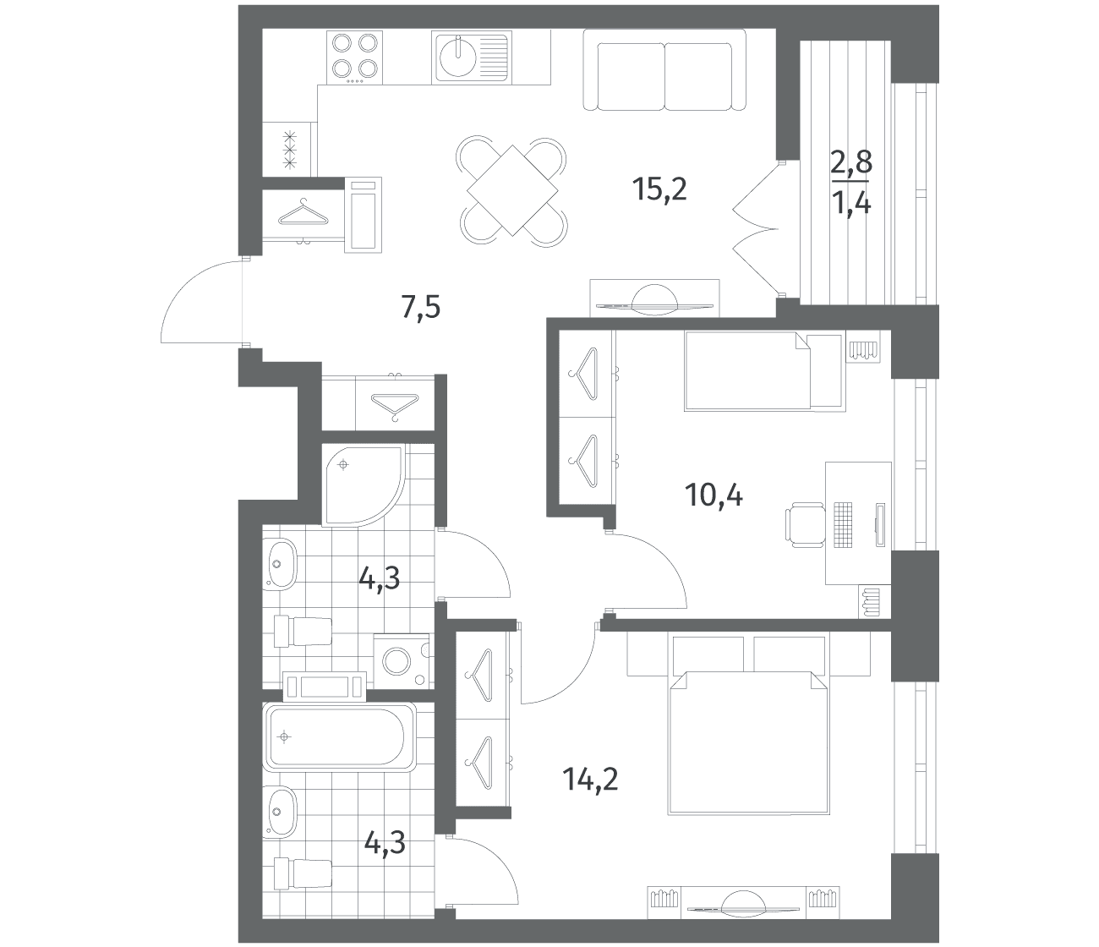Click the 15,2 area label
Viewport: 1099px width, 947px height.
point(660,190)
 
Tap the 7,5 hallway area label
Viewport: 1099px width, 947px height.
point(421,308)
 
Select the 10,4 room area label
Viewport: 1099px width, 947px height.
point(714,496)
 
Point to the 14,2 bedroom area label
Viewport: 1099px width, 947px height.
point(590,780)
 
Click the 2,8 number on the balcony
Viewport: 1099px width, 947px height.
point(851,162)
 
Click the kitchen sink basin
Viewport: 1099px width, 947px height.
point(457,57)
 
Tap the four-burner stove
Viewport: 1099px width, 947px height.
point(354,57)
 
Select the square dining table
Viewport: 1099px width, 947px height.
point(512,190)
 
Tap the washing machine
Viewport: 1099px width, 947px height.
point(402,661)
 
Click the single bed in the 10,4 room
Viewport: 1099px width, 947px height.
point(765,371)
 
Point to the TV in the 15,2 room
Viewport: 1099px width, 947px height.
point(654,298)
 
